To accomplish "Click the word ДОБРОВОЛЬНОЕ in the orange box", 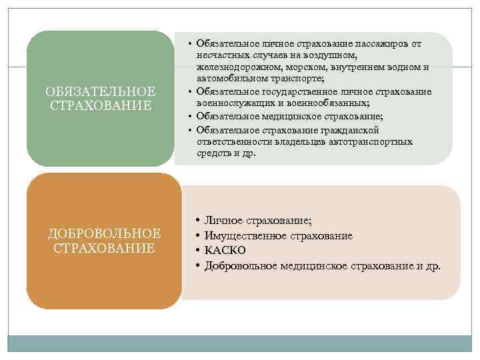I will (104, 233).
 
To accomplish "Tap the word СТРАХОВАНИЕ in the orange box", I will (104, 248).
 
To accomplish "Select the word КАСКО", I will (225, 251).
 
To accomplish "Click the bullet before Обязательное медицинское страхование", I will (191, 116).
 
